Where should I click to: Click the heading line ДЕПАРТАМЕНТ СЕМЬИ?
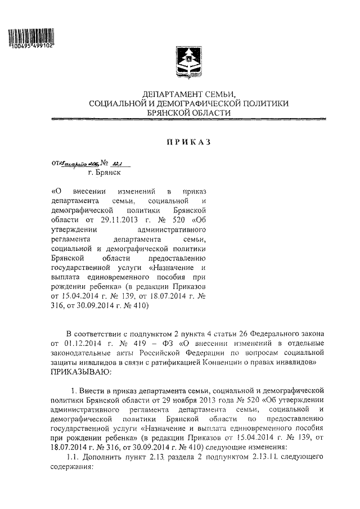click(x=188, y=94)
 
